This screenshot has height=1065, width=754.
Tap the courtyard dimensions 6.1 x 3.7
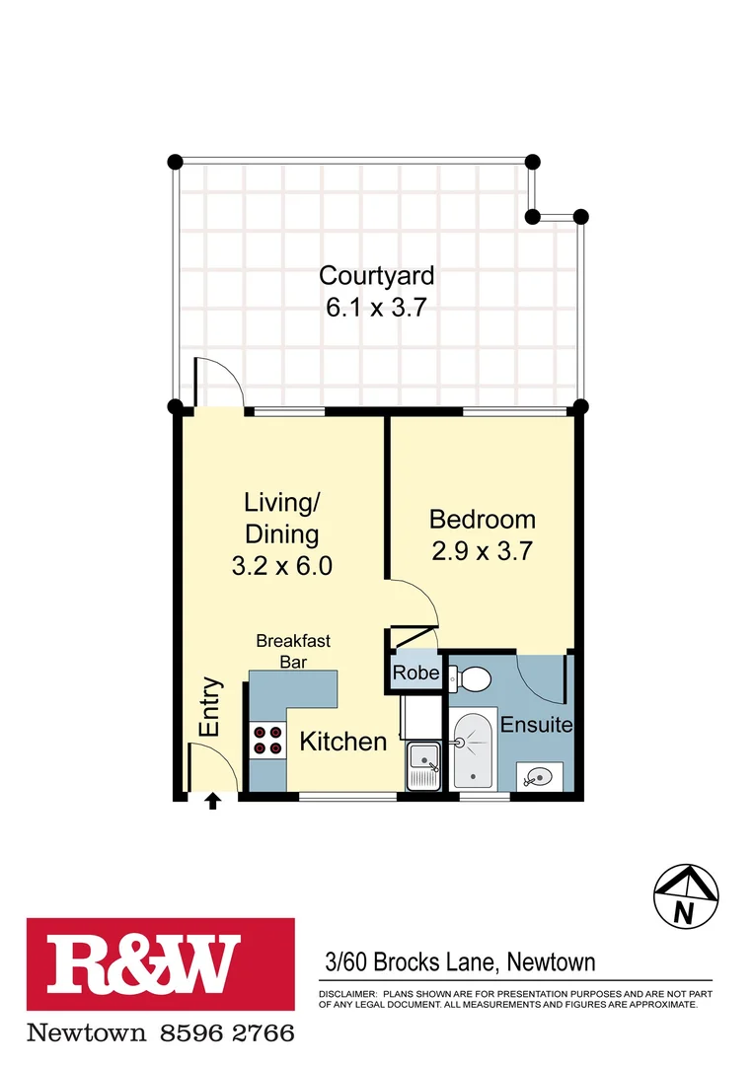(x=376, y=307)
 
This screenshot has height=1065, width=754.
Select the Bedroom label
(x=482, y=519)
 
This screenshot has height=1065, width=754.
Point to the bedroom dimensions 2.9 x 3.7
(x=482, y=550)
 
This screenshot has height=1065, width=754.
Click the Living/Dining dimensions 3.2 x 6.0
(x=281, y=566)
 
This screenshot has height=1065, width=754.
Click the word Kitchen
(x=342, y=742)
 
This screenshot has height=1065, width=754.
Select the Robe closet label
(x=415, y=674)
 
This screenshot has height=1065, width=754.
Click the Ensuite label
(x=536, y=725)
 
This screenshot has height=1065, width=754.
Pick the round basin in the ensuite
(x=538, y=777)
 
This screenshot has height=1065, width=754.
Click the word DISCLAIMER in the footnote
(x=346, y=994)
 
